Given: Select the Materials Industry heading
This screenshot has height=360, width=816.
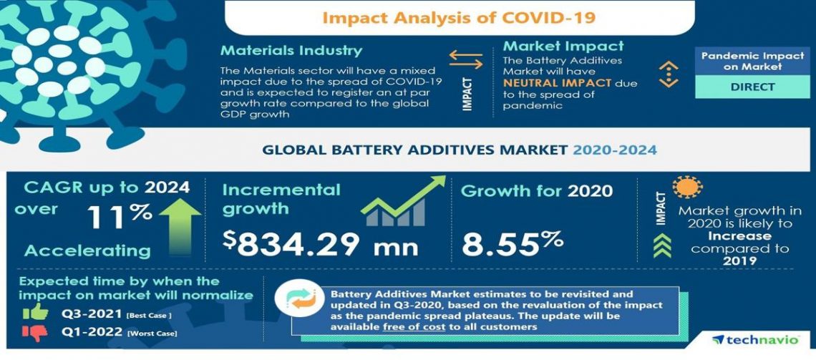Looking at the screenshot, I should pos(291,51).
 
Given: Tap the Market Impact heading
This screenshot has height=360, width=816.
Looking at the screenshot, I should pos(563,47).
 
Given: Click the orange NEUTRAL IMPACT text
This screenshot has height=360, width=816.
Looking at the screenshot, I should pos(558,83).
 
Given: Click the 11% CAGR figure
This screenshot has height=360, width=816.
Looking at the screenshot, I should pos(120,215).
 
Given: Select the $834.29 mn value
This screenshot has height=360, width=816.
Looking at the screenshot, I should pos(320,244).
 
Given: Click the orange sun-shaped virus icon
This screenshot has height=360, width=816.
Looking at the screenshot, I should pos(688,188).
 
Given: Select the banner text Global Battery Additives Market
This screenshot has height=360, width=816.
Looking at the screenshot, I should pos(414,150).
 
